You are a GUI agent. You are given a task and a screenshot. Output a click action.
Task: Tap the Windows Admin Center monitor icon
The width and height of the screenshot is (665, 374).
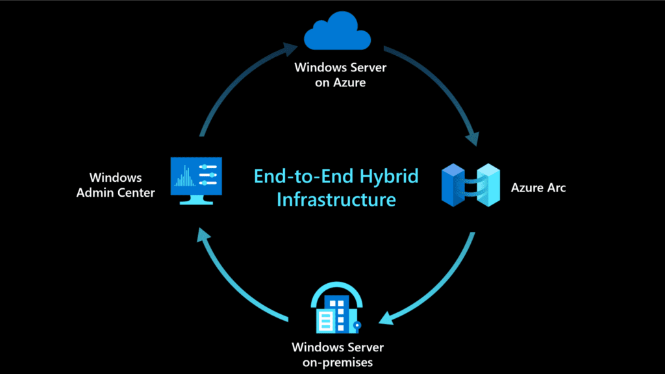pos(195,179)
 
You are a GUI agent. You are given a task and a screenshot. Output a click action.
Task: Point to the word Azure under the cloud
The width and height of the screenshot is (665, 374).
pos(351,82)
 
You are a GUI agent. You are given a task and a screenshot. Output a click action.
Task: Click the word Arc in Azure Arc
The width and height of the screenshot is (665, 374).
pos(556,188)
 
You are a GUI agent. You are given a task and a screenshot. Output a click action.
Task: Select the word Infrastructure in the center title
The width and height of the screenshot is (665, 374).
pos(336,199)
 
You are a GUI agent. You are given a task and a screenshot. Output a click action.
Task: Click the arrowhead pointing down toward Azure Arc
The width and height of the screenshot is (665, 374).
pos(472,138)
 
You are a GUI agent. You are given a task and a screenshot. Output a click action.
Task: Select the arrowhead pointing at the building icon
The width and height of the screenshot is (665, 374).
pos(387,318)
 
